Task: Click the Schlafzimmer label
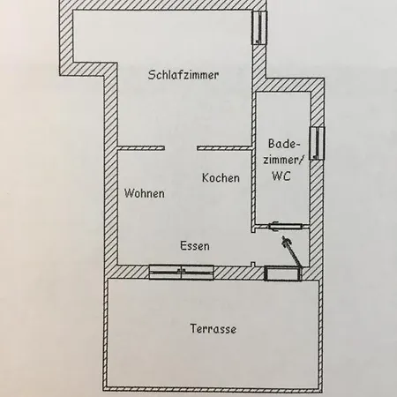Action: pos(184,75)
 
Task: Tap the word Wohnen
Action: pos(144,193)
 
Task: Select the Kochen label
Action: pos(221,178)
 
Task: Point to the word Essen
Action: pos(195,246)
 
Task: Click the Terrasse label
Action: pos(213,328)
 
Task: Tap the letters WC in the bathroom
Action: pos(281,176)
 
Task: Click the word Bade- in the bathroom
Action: pos(284,144)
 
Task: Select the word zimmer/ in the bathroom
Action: pos(283,160)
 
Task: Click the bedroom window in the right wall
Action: pos(259,27)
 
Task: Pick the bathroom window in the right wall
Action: pos(318,144)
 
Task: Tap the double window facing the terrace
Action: pos(182,272)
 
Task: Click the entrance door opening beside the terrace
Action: pos(283,273)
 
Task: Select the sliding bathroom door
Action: pos(285,227)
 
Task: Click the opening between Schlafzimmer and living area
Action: pos(181,148)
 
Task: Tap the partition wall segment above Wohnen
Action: pos(141,148)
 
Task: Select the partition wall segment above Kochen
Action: pos(225,148)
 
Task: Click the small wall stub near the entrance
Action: pos(252,264)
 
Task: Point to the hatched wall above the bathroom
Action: pos(288,86)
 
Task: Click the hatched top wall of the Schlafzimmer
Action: pos(162,5)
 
